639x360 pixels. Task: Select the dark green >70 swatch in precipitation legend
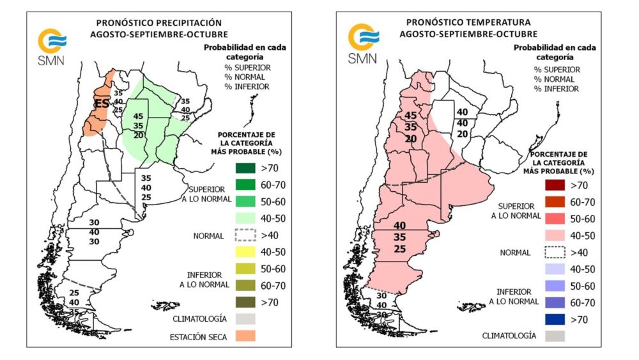tap(245, 169)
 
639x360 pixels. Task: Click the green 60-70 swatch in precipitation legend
tap(245, 185)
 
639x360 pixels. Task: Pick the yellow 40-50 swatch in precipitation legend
tap(245, 252)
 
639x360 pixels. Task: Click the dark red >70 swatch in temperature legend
tap(555, 186)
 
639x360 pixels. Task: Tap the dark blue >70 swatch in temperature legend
tap(555, 318)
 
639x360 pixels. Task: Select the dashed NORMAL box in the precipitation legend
tap(245, 235)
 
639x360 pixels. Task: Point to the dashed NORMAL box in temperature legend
tap(555, 252)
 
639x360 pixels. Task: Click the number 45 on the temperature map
tap(411, 115)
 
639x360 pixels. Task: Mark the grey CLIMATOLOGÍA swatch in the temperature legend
tap(555, 335)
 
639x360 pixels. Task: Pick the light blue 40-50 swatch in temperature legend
tap(555, 269)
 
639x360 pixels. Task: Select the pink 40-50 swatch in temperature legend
tap(555, 235)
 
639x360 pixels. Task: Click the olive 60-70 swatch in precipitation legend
tap(245, 285)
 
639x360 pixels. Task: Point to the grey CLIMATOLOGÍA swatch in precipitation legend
tap(245, 318)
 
